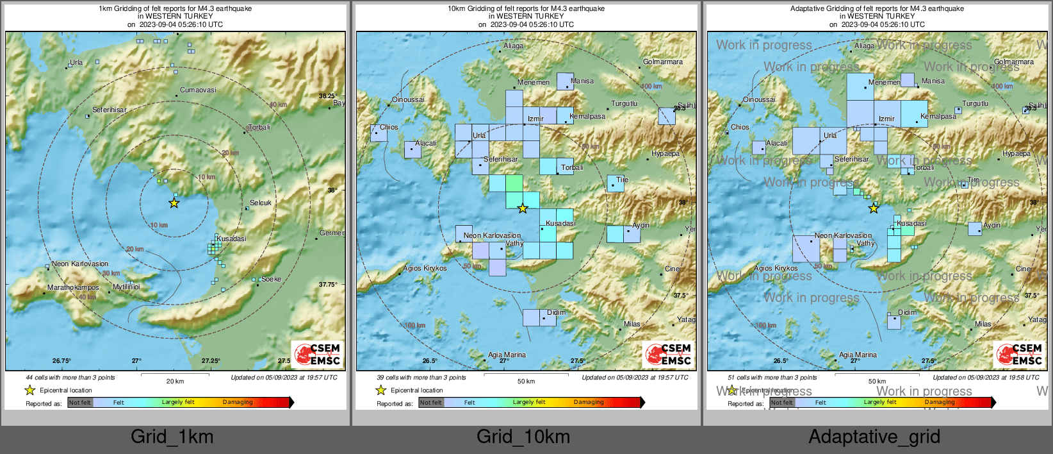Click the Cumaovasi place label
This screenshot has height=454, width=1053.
[x=198, y=90]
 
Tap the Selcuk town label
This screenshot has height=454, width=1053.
[x=260, y=203]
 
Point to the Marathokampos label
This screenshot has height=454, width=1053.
[x=73, y=287]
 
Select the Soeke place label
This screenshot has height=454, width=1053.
[x=271, y=279]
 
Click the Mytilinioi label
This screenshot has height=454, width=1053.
[x=126, y=287]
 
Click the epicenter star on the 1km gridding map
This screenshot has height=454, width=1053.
[x=174, y=203]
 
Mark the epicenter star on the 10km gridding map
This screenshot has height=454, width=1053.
[x=523, y=208]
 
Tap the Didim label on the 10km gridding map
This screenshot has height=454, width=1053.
[x=556, y=312]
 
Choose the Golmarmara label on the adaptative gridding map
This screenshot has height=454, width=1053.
[x=1013, y=62]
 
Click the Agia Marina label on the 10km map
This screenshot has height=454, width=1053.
[x=507, y=355]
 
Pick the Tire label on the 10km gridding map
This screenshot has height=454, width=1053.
[x=622, y=180]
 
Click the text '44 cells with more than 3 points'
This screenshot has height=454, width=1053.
[x=70, y=378]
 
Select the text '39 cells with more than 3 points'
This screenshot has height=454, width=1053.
[x=421, y=378]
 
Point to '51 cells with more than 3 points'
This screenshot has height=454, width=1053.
[x=772, y=378]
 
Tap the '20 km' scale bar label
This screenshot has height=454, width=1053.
[x=175, y=382]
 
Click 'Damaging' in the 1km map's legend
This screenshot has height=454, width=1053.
[x=238, y=402]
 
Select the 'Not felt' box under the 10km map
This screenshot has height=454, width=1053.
[x=431, y=403]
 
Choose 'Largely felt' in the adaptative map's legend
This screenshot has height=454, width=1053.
[x=880, y=402]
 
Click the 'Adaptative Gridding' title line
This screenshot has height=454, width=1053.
[x=877, y=9]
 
